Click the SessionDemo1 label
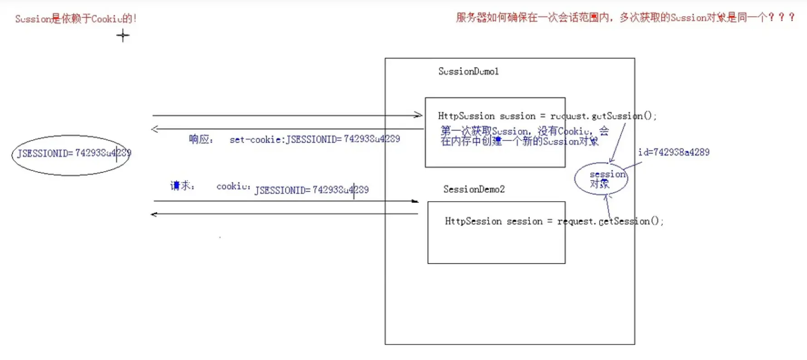point(468,71)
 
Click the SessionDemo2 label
point(474,189)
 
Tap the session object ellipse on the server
point(601,179)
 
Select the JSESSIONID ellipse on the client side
point(71,155)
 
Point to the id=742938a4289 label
point(674,152)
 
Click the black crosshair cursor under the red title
point(122,35)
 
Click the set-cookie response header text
point(314,139)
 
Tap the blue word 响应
point(200,139)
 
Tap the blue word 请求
point(181,185)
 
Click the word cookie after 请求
point(233,186)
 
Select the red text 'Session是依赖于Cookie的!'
point(76,19)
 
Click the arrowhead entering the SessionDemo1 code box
point(419,115)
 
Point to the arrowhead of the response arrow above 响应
point(155,129)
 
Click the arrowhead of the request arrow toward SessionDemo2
point(415,201)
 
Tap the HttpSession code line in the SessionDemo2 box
point(553,221)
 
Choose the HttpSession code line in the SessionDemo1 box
point(547,116)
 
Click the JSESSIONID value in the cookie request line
point(312,190)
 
